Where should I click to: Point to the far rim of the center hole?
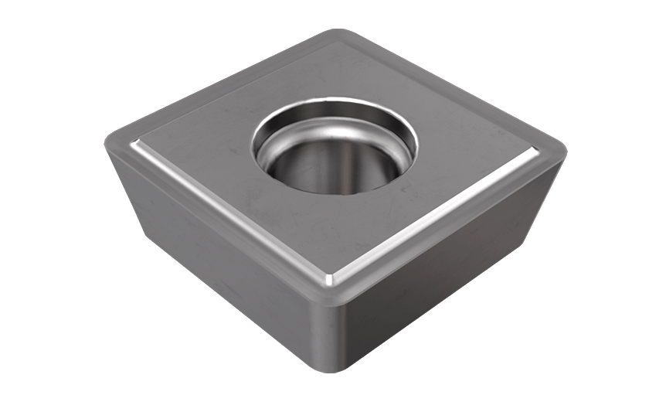click(336, 102)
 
